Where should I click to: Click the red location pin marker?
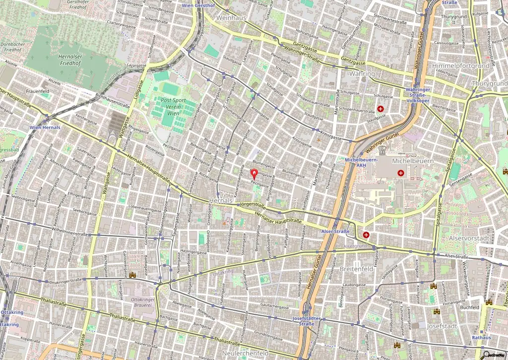coord(254,174)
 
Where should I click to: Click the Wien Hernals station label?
coord(45,127)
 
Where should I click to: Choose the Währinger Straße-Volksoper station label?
coord(417,95)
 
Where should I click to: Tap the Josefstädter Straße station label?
coord(307,321)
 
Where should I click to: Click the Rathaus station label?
coord(481,338)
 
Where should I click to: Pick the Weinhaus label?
coord(231,17)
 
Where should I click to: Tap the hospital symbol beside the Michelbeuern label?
coord(401,173)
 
